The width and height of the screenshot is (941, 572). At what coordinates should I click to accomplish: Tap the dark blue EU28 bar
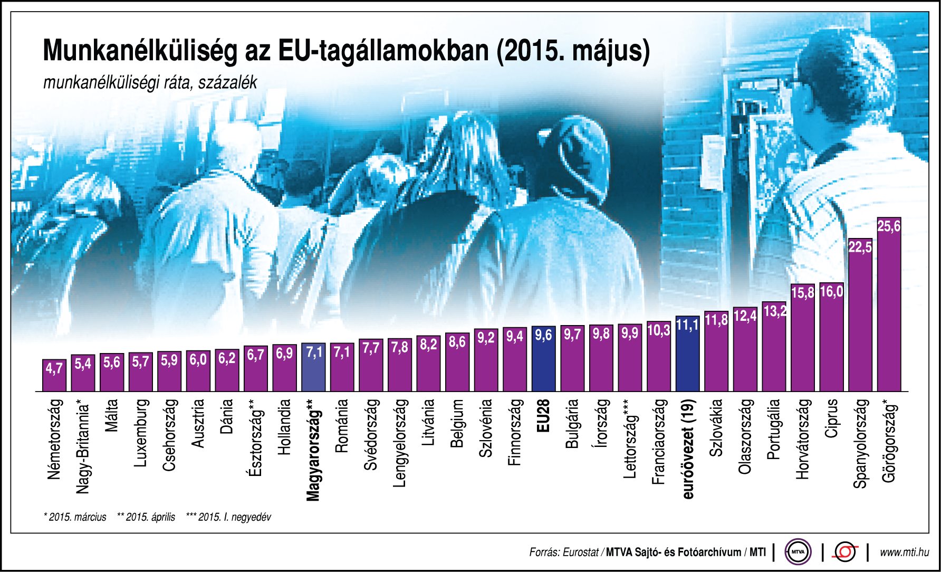(x=543, y=364)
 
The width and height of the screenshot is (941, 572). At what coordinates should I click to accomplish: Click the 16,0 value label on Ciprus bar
(x=831, y=292)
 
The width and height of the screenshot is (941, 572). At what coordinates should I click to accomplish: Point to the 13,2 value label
(x=774, y=311)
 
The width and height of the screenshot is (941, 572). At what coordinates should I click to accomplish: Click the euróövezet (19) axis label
(x=688, y=449)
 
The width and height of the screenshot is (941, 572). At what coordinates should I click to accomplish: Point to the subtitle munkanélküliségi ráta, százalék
(x=150, y=83)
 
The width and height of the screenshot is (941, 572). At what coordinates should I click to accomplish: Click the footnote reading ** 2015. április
(x=146, y=517)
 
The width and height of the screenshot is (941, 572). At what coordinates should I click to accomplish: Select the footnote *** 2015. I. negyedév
(x=228, y=517)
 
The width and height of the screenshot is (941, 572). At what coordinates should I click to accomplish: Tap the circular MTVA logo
(x=798, y=552)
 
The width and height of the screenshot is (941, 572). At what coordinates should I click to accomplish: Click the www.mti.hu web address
(x=904, y=552)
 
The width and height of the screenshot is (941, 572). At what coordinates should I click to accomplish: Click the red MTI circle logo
(x=845, y=552)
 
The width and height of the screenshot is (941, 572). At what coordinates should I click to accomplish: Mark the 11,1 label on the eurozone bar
(x=687, y=325)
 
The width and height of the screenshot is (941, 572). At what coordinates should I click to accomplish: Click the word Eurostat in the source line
(x=580, y=552)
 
